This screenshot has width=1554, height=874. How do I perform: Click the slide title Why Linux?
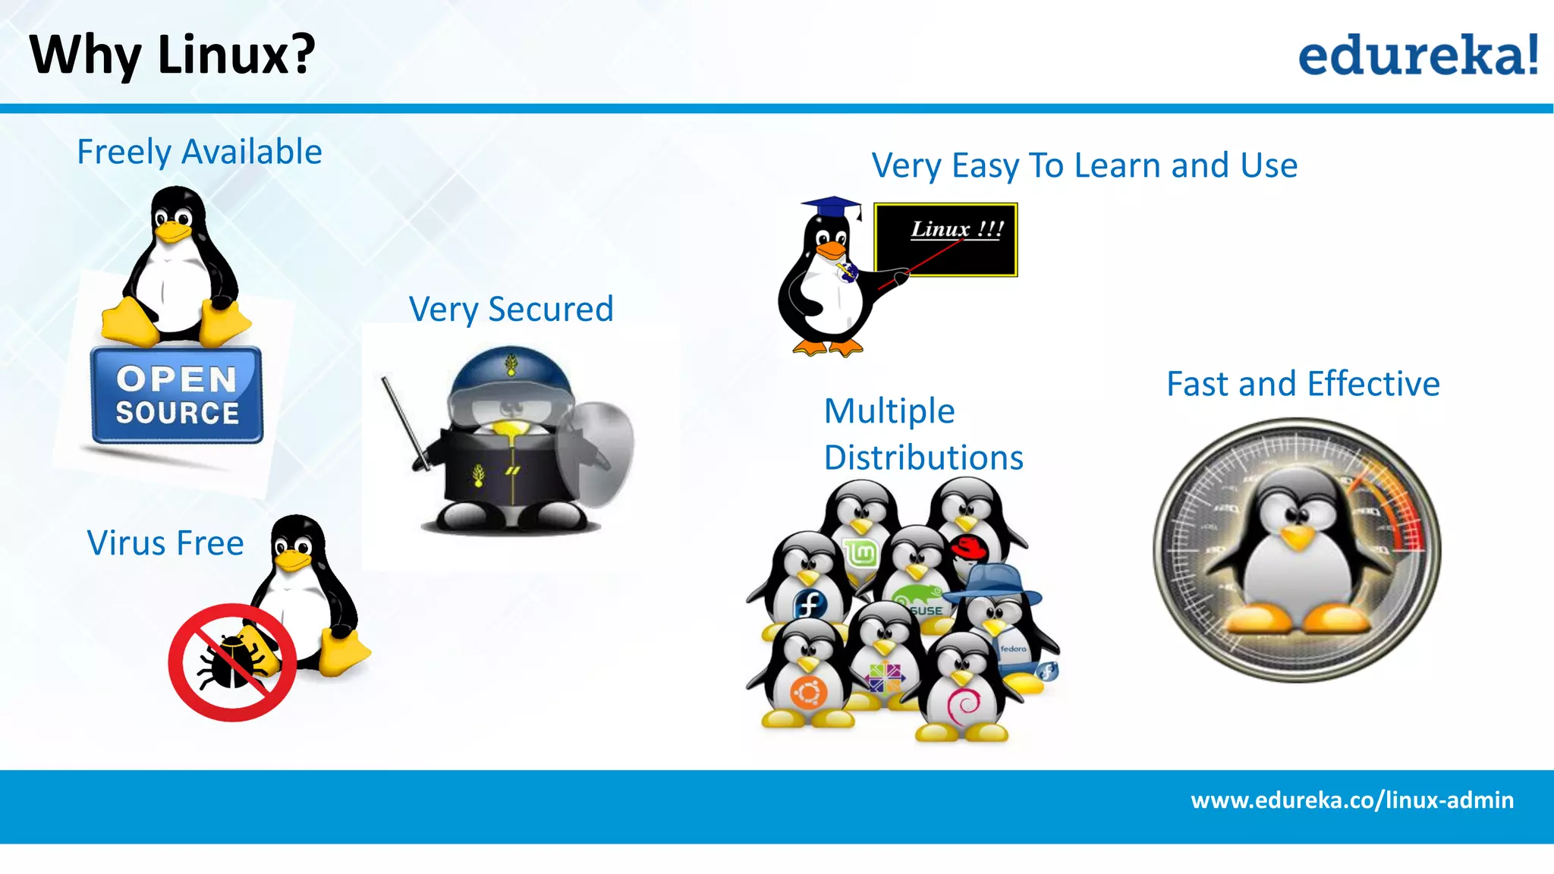[x=172, y=55]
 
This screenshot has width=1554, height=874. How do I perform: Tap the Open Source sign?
[x=177, y=395]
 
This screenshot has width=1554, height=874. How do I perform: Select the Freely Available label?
[x=200, y=152]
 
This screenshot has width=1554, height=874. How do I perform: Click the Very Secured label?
[x=511, y=310]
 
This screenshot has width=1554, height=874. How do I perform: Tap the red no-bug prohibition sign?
[x=231, y=662]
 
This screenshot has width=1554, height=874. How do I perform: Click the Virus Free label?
[x=165, y=543]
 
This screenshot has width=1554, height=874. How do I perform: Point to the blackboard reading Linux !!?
[x=945, y=239]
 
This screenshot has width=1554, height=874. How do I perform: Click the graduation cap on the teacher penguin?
[x=832, y=207]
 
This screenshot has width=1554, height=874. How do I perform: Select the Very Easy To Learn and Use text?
[x=1084, y=165]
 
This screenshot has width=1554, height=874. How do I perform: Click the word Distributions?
[x=923, y=458]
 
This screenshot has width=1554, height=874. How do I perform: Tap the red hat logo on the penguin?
[x=968, y=547]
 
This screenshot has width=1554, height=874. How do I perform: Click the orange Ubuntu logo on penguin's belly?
[x=807, y=693]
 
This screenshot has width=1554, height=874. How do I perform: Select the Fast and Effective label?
[x=1303, y=384]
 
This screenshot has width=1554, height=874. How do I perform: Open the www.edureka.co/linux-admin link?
[x=1352, y=800]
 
